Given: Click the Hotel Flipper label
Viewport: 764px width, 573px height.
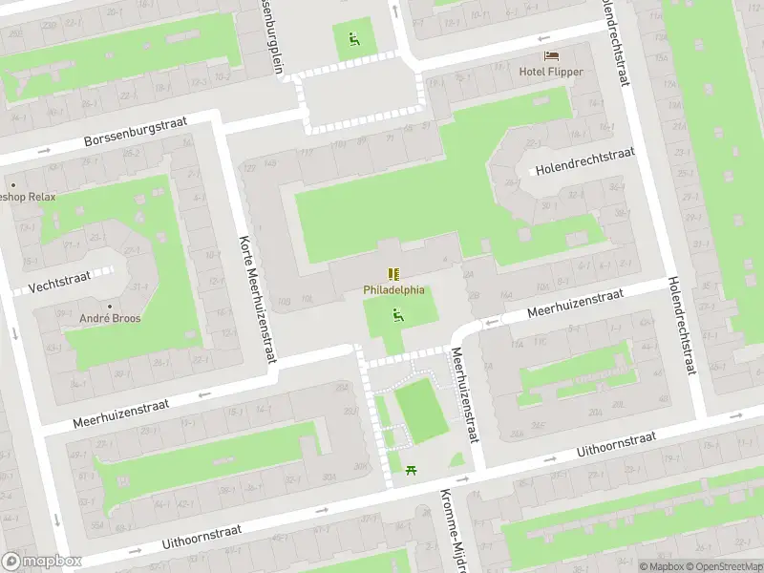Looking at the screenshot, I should coord(550,72).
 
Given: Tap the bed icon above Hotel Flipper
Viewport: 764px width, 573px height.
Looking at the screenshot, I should coord(550,56).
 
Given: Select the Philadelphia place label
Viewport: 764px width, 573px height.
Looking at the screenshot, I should coord(393,290).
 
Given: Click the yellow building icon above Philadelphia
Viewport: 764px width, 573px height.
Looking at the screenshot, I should coord(393,275).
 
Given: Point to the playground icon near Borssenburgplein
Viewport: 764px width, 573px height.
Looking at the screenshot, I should coord(354,39).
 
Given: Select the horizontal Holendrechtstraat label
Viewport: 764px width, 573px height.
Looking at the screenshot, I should coord(584,161).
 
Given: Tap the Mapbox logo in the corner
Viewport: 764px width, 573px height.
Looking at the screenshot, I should coord(41,562).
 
